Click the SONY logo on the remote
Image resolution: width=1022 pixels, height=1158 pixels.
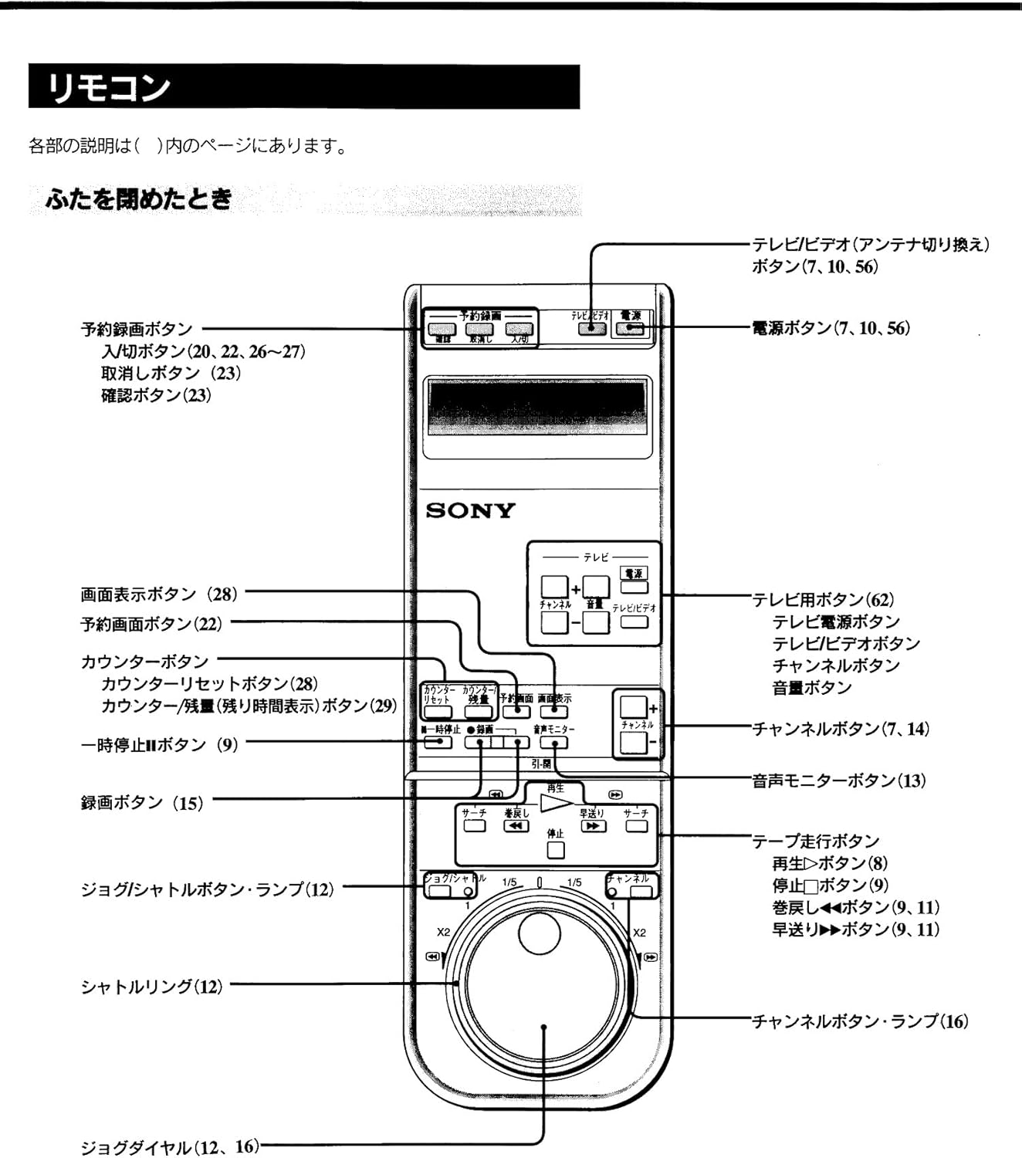point(470,511)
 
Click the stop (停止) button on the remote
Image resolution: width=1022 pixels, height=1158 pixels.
point(555,850)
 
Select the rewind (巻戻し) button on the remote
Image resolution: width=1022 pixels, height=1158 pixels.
point(516,826)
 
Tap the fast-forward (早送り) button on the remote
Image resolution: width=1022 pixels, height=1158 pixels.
point(592,826)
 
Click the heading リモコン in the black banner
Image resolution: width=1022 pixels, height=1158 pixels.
point(108,87)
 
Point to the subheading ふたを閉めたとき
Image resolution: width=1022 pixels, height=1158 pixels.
point(139,200)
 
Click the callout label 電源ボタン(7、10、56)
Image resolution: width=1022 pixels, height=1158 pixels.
point(831,328)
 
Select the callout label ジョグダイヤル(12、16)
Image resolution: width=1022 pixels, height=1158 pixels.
point(170,1147)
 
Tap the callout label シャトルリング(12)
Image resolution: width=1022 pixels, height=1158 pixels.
point(152,987)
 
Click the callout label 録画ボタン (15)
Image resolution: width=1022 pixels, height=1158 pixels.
point(142,803)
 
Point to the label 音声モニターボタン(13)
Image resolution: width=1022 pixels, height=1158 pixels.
point(839,780)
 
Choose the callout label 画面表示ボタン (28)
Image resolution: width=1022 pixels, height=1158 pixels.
point(159,594)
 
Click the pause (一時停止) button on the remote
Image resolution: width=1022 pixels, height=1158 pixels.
point(438,742)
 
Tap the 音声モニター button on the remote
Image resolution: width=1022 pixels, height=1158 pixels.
point(553,742)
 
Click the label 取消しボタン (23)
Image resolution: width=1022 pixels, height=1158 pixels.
point(171,374)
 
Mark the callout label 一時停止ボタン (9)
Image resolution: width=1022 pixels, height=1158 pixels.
point(159,745)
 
